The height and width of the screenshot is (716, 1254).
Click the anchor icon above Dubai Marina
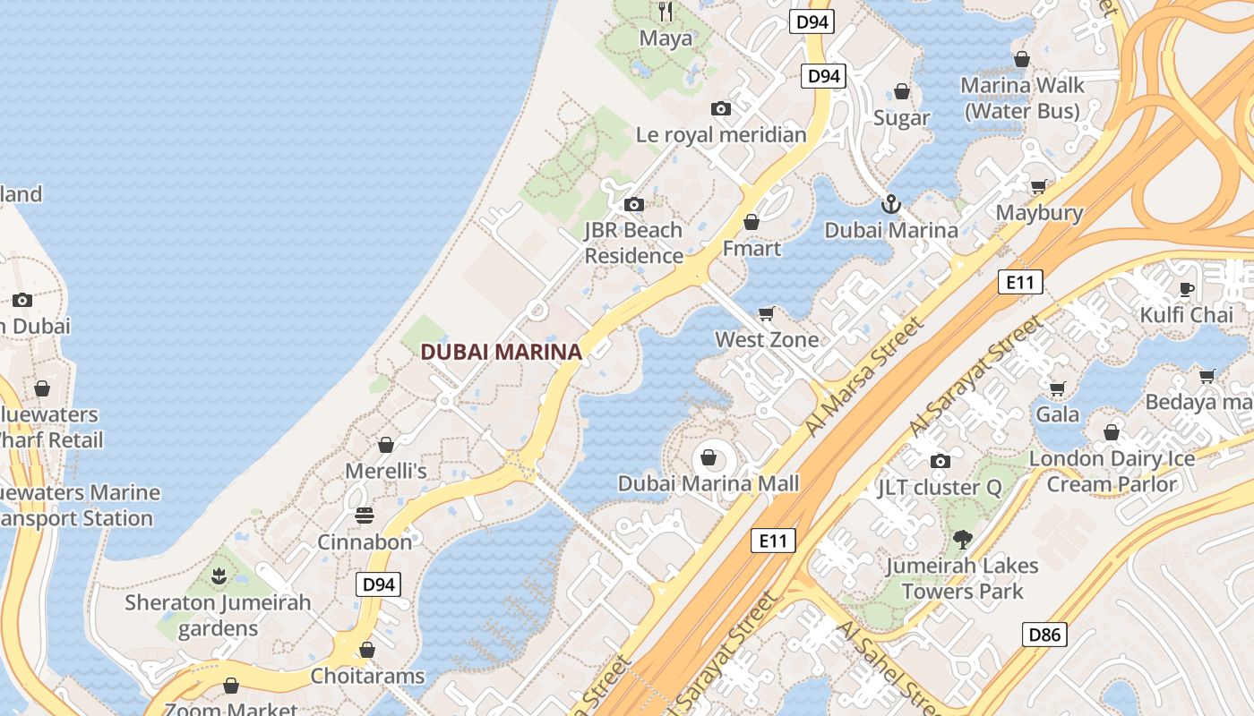[x=890, y=204]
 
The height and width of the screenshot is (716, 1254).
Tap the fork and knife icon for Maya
[x=666, y=12]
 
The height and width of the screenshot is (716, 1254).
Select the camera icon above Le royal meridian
[x=721, y=109]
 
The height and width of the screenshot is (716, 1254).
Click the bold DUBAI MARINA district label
[x=502, y=352]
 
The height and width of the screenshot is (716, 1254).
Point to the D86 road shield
[x=1044, y=635]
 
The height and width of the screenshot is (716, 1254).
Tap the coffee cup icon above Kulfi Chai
[x=1187, y=288]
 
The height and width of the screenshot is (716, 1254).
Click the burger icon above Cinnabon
[x=365, y=516]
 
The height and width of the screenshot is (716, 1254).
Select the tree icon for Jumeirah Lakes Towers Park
[x=963, y=540]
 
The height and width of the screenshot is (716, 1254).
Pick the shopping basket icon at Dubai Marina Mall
[x=709, y=458]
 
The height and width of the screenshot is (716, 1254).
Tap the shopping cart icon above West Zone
[x=766, y=313]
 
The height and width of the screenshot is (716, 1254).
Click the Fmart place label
[x=752, y=248]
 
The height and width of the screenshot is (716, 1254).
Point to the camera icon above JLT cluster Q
[x=940, y=462]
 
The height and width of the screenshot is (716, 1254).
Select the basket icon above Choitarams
[x=366, y=650]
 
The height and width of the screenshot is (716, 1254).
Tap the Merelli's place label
[x=386, y=470]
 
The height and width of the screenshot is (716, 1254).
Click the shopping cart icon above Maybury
[x=1038, y=187]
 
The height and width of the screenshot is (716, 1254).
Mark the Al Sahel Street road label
[x=887, y=667]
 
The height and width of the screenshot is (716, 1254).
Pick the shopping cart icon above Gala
[x=1057, y=388]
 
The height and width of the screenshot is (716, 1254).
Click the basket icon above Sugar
[x=902, y=92]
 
